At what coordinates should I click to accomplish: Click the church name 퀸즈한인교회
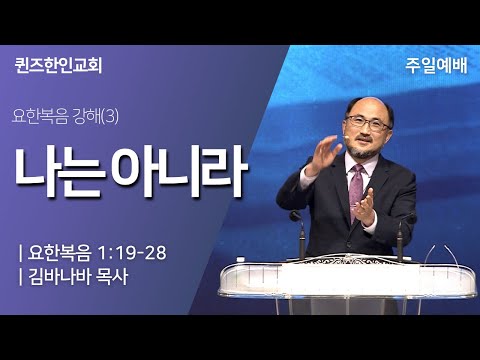tap(58, 65)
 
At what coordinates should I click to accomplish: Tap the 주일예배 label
tap(436, 65)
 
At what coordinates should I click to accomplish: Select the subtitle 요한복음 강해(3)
tap(65, 117)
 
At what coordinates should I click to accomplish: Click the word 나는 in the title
tap(57, 172)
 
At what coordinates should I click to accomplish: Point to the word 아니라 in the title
tap(179, 171)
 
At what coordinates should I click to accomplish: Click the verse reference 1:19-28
tap(132, 253)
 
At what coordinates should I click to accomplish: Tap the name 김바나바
tap(59, 277)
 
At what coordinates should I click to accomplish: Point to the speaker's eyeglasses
tap(368, 122)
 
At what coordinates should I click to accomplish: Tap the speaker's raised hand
tap(323, 154)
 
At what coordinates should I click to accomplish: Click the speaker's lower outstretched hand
tap(364, 209)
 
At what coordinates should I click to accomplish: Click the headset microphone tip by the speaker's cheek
tap(347, 137)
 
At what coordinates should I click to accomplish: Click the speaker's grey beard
tap(363, 151)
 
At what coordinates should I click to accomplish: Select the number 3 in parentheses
tap(110, 117)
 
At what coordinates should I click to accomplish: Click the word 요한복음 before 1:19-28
tap(59, 253)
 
